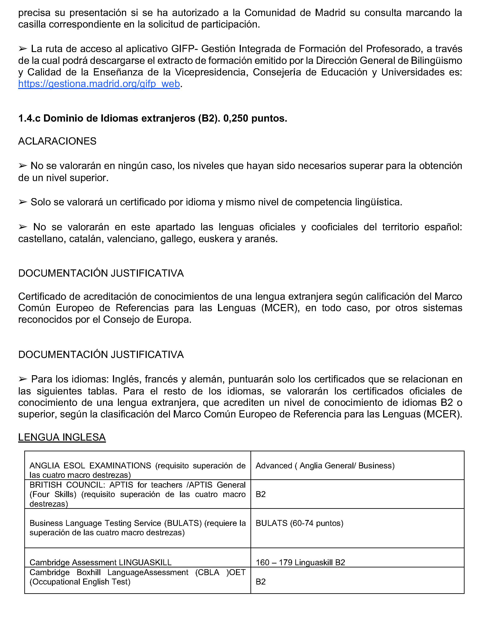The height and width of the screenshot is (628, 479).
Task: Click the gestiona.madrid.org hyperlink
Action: pos(99,84)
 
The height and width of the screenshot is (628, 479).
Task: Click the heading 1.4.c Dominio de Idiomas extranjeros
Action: pos(153,118)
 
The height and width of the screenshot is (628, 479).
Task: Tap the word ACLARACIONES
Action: pos(57,141)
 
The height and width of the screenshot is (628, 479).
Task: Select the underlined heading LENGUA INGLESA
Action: pos(62,437)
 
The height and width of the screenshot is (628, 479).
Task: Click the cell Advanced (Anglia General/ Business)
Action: pos(325,466)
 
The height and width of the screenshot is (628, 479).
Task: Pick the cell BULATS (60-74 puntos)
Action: pos(299,523)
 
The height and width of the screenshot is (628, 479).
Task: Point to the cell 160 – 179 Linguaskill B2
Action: pos(300,562)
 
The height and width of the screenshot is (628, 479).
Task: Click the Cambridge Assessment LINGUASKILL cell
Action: pos(100,562)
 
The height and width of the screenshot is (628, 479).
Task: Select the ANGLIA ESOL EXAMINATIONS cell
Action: pos(137,470)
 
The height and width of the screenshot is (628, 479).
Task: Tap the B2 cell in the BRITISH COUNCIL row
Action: pos(261,494)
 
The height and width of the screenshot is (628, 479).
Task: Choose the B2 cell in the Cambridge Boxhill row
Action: pos(261,582)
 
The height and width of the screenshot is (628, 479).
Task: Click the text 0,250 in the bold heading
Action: pos(236,118)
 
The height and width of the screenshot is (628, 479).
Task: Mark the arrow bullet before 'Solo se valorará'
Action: pos(23,202)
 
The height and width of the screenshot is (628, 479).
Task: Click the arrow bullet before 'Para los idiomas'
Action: pos(23,379)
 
